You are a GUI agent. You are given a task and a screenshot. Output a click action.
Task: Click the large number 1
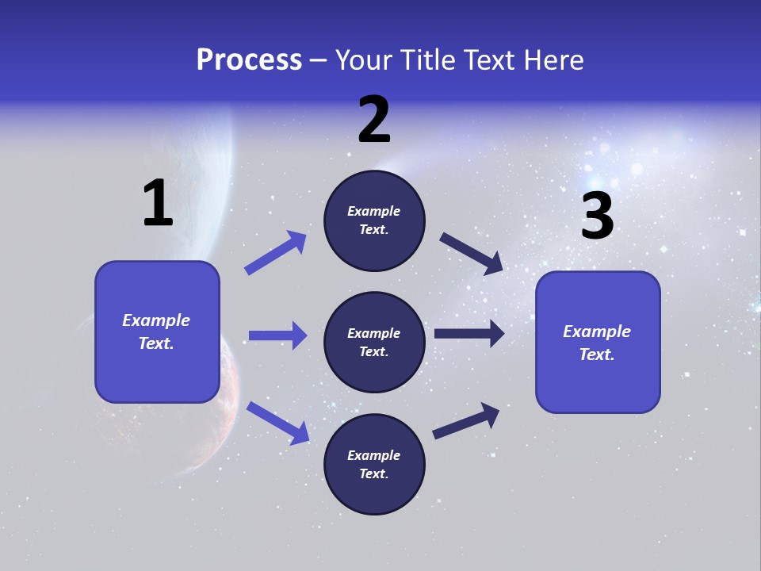[x=159, y=204]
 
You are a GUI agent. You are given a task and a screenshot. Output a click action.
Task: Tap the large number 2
[x=374, y=121]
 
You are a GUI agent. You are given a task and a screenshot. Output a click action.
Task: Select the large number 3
[x=597, y=216]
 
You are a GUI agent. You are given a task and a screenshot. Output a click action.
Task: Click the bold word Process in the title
[x=249, y=59]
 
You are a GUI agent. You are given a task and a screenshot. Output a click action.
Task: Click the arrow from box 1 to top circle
[x=276, y=252]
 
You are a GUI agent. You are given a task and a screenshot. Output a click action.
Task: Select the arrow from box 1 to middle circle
[x=277, y=335]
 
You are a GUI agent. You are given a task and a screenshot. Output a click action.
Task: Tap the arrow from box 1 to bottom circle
[x=277, y=422]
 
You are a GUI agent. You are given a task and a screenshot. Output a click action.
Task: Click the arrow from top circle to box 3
[x=472, y=253]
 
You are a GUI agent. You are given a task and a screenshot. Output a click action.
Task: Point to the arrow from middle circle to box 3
[x=469, y=333]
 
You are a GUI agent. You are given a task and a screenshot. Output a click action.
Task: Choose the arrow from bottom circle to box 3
[x=466, y=420]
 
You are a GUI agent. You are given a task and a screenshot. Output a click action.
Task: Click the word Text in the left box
[x=155, y=343]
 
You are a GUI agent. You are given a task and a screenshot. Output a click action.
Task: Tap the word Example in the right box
[x=597, y=331]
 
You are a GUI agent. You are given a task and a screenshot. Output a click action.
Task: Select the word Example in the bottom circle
[x=374, y=455]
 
